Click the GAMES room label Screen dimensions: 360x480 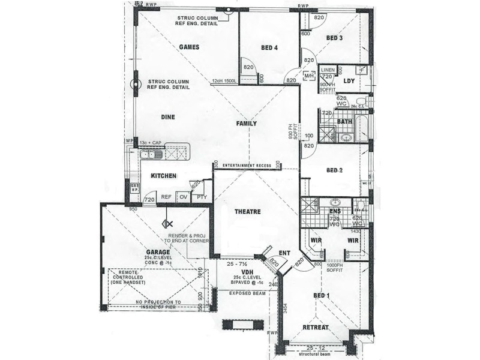(189, 47)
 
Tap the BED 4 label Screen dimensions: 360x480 (269, 47)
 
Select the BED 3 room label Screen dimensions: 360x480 (334, 38)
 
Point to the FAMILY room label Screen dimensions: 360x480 (246, 124)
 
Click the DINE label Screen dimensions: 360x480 (168, 118)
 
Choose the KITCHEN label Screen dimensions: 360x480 (163, 176)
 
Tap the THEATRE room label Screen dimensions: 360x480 (247, 212)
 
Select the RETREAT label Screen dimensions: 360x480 (314, 328)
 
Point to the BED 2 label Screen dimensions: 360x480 (334, 170)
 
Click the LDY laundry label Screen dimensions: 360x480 (350, 80)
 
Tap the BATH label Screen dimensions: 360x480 (344, 122)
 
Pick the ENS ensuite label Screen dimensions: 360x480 (336, 211)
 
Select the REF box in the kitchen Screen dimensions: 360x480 (166, 197)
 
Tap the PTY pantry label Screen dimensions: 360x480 (201, 197)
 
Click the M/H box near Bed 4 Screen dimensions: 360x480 (309, 76)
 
